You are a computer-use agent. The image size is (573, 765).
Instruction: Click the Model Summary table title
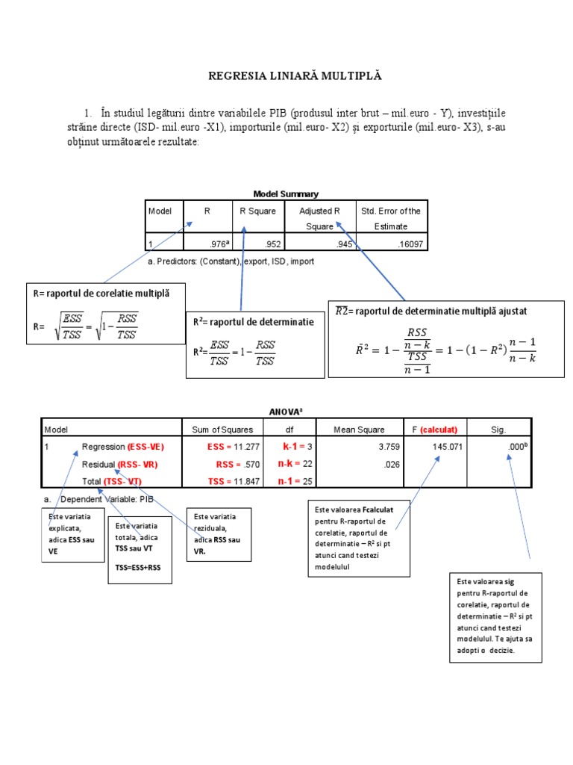(286, 193)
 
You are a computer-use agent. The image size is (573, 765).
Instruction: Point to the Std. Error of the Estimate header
(391, 218)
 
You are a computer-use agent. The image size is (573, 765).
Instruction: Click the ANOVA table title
(286, 411)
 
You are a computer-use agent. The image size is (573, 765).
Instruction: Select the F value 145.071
(443, 447)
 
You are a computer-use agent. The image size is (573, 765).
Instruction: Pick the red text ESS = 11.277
(233, 447)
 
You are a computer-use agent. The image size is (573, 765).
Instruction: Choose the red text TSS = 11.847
(233, 481)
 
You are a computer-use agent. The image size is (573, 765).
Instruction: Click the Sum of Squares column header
(222, 430)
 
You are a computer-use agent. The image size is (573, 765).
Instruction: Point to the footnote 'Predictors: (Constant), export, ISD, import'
(231, 261)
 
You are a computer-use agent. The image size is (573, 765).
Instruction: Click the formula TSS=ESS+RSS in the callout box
(139, 568)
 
